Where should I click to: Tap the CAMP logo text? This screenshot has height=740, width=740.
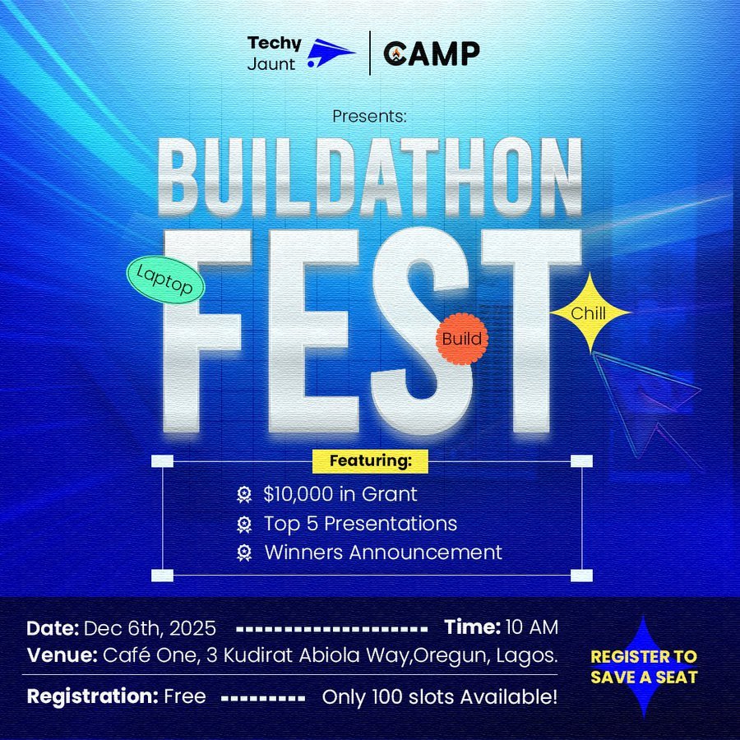432,53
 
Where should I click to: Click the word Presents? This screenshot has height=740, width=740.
369,116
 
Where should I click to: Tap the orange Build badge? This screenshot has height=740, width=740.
461,338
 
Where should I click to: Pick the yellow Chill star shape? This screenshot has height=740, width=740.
590,313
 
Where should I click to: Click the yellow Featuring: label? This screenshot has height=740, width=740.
370,461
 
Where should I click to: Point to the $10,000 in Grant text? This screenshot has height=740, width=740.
340,494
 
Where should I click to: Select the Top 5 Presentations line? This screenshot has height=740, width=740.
360,523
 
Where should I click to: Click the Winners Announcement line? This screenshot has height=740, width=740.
382,552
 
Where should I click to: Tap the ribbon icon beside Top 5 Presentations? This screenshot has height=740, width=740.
244,524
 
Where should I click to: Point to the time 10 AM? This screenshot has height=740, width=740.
532,628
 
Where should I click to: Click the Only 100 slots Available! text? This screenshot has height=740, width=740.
439,697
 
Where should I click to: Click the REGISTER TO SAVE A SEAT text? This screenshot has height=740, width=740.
644,667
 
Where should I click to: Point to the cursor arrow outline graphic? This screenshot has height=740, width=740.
650,403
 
